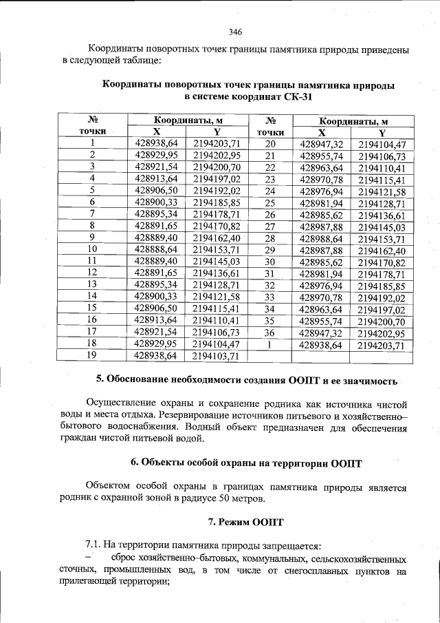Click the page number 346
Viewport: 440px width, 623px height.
(235, 32)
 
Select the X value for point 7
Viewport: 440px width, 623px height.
(157, 214)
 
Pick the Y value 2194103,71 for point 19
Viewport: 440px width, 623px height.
(216, 356)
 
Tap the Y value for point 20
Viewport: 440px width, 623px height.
(382, 145)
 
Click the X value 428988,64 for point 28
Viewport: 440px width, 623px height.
(322, 238)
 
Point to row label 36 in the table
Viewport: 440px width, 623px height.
(269, 332)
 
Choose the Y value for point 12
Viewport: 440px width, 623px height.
(216, 273)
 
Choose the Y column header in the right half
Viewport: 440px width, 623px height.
(382, 132)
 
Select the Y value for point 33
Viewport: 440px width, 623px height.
(382, 297)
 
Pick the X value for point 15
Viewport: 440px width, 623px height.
(157, 309)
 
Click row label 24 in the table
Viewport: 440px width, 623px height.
(269, 191)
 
